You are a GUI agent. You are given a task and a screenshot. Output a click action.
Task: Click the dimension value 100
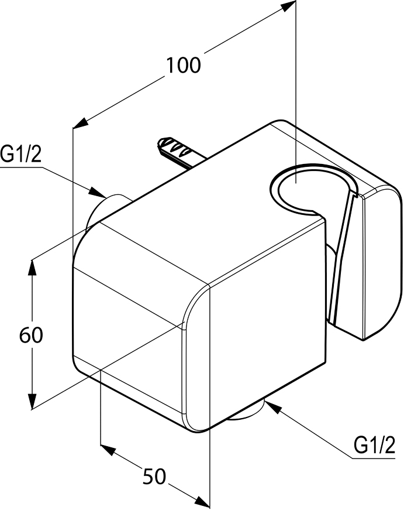[184, 65]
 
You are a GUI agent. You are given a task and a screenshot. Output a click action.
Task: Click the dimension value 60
[31, 335]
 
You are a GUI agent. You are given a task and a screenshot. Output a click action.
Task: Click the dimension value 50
[154, 477]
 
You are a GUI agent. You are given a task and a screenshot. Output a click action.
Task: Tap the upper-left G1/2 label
[21, 154]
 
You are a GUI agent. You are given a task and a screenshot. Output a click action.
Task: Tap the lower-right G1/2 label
[374, 445]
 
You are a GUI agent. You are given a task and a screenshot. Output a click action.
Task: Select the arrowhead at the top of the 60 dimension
[32, 268]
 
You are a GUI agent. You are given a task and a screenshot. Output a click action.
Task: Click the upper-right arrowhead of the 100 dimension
[288, 5]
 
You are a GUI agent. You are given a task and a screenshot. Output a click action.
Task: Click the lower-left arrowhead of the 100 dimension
[81, 123]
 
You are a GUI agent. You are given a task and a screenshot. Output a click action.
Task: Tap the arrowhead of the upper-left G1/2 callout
[98, 192]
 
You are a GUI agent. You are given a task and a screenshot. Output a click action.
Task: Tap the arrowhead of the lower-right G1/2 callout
[273, 407]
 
